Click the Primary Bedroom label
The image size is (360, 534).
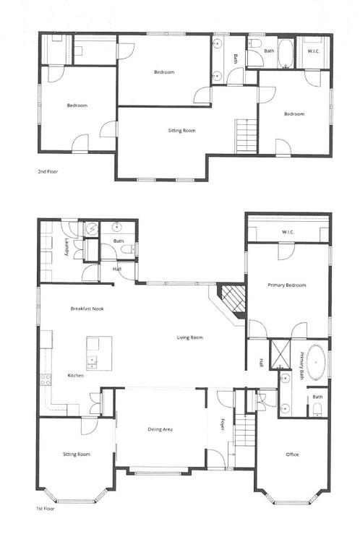pos(287,285)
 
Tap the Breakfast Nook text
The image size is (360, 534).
pos(87,309)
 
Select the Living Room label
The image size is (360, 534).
pos(190,337)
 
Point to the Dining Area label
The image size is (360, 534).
pos(160,430)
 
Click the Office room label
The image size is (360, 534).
pos(292,455)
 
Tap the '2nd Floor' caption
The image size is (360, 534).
pos(48,173)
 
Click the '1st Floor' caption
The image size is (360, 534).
pos(45,509)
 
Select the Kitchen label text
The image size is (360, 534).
pos(77,376)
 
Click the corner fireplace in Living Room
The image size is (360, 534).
pos(233,297)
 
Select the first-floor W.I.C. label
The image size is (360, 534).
pos(288,232)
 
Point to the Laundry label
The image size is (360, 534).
pos(67,248)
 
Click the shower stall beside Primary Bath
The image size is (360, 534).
pos(279,353)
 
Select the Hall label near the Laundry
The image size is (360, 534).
pos(117,270)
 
